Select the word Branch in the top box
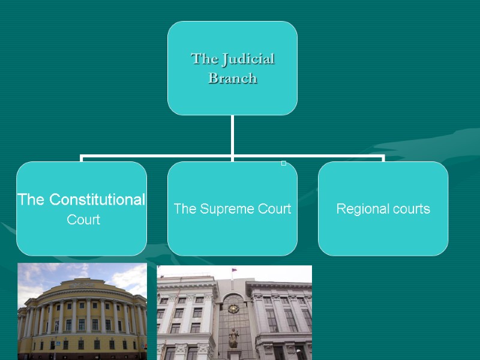pyautogui.click(x=232, y=79)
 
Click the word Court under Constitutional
pyautogui.click(x=83, y=220)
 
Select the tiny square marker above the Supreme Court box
pyautogui.click(x=284, y=163)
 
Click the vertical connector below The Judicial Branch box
pyautogui.click(x=232, y=135)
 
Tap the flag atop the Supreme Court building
pyautogui.click(x=234, y=269)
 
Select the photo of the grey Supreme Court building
pyautogui.click(x=235, y=312)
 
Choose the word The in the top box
pyautogui.click(x=203, y=59)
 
